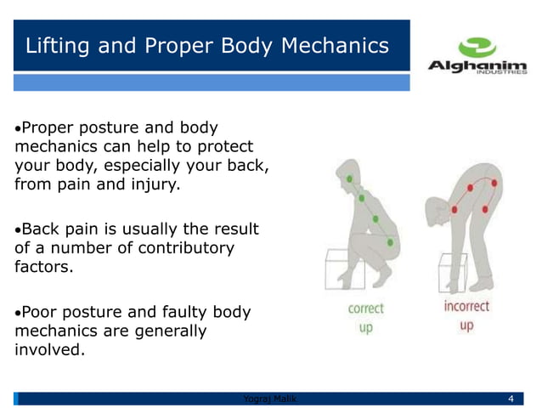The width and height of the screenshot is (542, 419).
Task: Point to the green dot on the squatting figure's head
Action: pyautogui.click(x=349, y=179)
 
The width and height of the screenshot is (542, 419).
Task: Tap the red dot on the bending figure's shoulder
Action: pyautogui.click(x=455, y=209)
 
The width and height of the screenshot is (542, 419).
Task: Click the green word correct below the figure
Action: pyautogui.click(x=365, y=309)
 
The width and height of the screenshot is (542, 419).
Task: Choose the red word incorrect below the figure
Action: pyautogui.click(x=466, y=306)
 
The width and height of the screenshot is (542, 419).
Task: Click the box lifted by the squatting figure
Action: pyautogui.click(x=344, y=269)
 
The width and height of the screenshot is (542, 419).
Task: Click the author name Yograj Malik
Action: pyautogui.click(x=266, y=399)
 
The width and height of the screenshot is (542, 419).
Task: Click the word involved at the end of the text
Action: pyautogui.click(x=49, y=349)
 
